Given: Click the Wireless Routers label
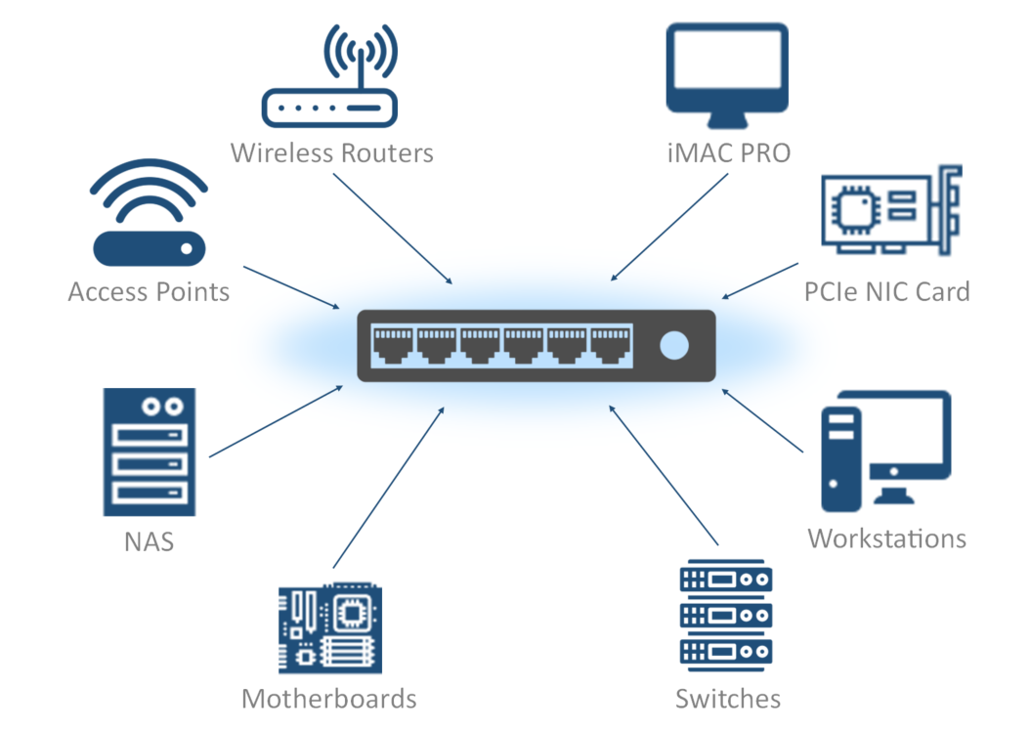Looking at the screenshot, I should point(331,153).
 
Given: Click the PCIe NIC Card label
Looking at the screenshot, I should point(886,291).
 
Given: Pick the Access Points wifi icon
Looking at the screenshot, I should point(149,215).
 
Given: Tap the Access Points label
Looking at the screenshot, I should point(149,291).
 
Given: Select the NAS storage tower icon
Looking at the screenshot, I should point(149,452).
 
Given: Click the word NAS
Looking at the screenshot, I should point(149,540).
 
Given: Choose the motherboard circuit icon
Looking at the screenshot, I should point(329,630).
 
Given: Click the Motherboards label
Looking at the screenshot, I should point(329,699).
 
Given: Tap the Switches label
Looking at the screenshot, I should point(727,699).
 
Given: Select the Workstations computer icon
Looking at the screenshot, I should point(885,450).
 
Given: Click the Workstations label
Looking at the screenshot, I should point(886,538).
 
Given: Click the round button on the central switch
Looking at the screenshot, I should point(674,345).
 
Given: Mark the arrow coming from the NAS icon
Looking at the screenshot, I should point(277,420).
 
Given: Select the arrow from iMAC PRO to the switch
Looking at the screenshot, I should point(668,228).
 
